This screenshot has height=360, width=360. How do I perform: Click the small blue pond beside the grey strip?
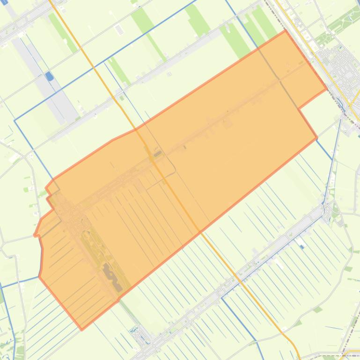coord(49,76)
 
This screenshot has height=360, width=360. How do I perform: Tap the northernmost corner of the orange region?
coord(285,31)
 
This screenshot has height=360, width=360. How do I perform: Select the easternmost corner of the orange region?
coord(326,89)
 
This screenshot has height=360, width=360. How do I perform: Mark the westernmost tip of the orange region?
coord(34,235)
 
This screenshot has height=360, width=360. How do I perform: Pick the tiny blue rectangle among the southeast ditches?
coord(302,247)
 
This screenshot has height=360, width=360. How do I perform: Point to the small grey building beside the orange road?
coord(158,153)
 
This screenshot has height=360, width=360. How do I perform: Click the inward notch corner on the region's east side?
coord(298,108)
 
